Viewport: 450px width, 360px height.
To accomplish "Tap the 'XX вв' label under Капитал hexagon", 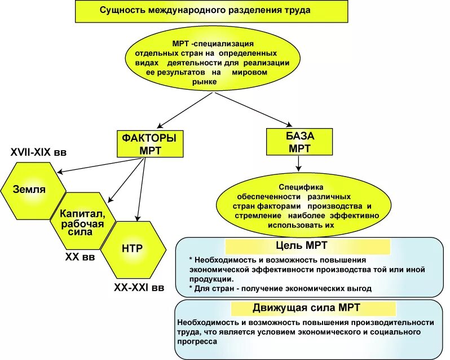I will (x=80, y=257).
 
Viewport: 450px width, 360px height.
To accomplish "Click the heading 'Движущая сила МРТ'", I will (x=307, y=308).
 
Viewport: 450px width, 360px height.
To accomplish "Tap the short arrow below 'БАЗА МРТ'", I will (x=299, y=163).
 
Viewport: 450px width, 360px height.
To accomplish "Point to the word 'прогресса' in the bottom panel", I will (x=197, y=341).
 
